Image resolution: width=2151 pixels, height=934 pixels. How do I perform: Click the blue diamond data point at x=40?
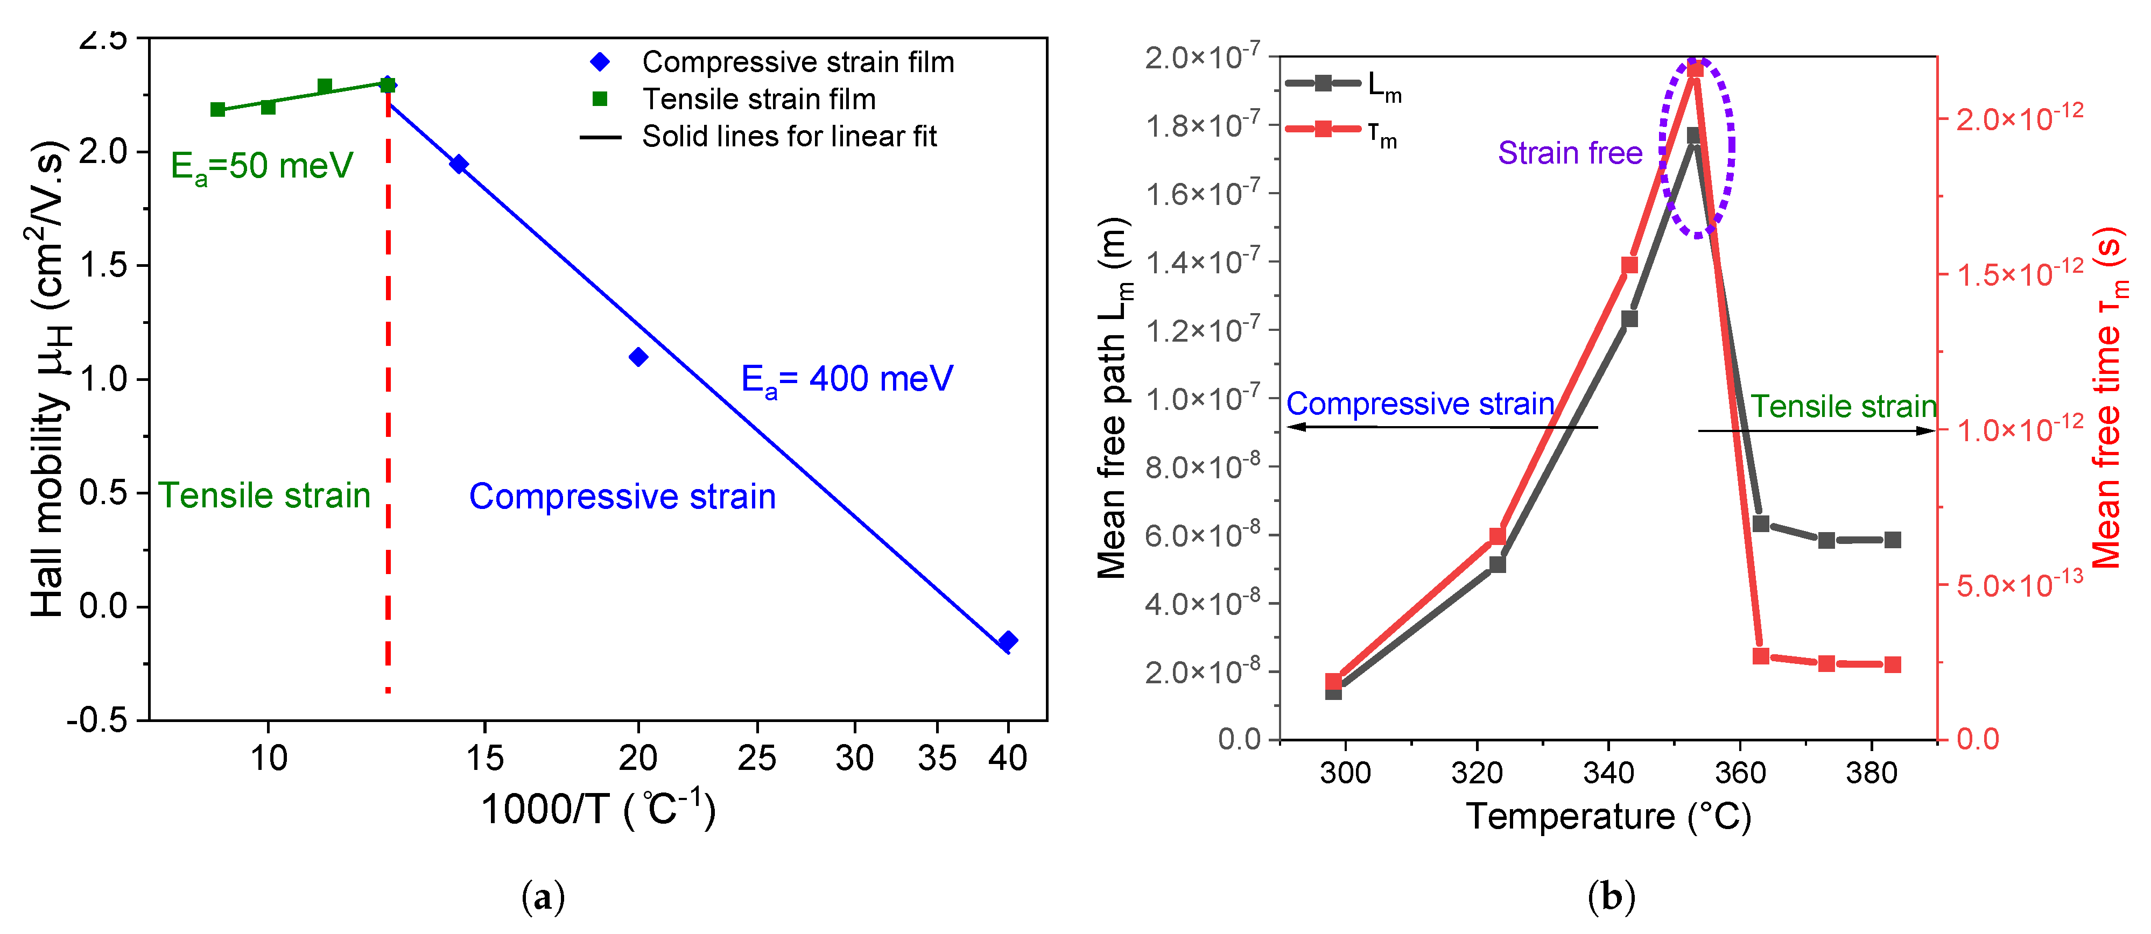point(1007,641)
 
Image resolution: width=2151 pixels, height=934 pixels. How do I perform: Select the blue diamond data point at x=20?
point(638,357)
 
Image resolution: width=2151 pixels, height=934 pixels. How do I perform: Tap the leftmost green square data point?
point(218,109)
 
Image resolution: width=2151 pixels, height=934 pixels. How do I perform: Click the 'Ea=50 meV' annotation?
point(262,166)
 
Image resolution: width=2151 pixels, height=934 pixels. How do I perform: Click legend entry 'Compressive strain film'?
point(797,62)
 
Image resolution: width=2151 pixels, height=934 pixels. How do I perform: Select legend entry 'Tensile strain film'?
point(758,100)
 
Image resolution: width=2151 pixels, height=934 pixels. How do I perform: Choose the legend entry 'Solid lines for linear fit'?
point(788,136)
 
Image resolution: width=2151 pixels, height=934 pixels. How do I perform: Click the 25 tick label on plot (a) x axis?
point(756,758)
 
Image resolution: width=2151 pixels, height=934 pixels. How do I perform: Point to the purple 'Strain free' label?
point(1569,153)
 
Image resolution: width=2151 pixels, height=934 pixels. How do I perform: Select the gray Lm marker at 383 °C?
point(1892,540)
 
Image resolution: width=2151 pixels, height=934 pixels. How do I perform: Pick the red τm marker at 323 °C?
point(1497,536)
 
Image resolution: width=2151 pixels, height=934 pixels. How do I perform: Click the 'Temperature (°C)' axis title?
point(1608,816)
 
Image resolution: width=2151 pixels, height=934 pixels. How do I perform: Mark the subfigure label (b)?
point(1610,897)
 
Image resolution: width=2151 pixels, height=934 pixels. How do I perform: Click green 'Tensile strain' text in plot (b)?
point(1842,407)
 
